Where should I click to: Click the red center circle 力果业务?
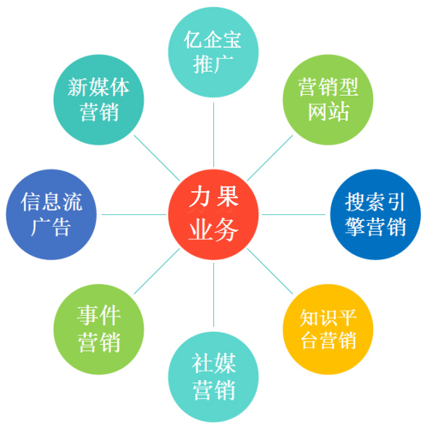[213, 214]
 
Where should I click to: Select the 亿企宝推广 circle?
[213, 52]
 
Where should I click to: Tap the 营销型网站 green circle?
[328, 100]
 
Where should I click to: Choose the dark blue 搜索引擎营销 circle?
[375, 214]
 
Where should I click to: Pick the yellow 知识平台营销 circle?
[328, 330]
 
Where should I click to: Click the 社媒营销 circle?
[213, 377]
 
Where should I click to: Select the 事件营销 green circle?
[98, 330]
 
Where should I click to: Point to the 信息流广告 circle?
[51, 214]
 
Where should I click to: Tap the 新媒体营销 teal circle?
[98, 100]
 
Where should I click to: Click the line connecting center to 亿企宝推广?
[213, 135]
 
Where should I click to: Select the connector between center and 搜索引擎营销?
[294, 214]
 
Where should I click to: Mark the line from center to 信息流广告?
[134, 214]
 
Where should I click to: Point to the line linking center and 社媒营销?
[213, 295]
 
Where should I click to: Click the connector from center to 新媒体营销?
[157, 158]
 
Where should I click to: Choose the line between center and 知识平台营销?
[270, 272]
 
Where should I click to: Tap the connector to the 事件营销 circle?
[157, 271]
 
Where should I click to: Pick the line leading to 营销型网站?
[270, 158]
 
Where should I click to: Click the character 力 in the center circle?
[200, 196]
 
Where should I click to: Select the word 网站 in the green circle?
[328, 112]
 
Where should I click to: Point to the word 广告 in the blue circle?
[51, 227]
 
